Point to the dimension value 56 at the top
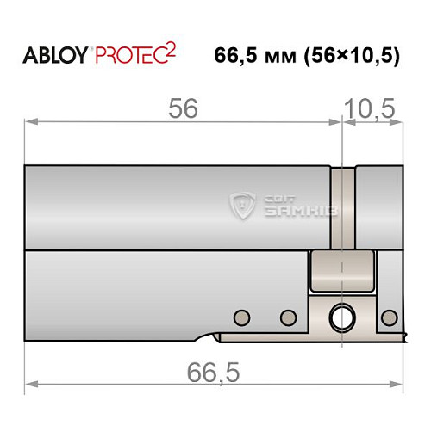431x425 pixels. point(184,108)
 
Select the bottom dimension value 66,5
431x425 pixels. point(212,373)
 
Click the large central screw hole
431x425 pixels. point(342,317)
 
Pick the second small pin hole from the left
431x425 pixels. point(284,316)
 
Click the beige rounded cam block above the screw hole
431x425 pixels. point(342,269)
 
